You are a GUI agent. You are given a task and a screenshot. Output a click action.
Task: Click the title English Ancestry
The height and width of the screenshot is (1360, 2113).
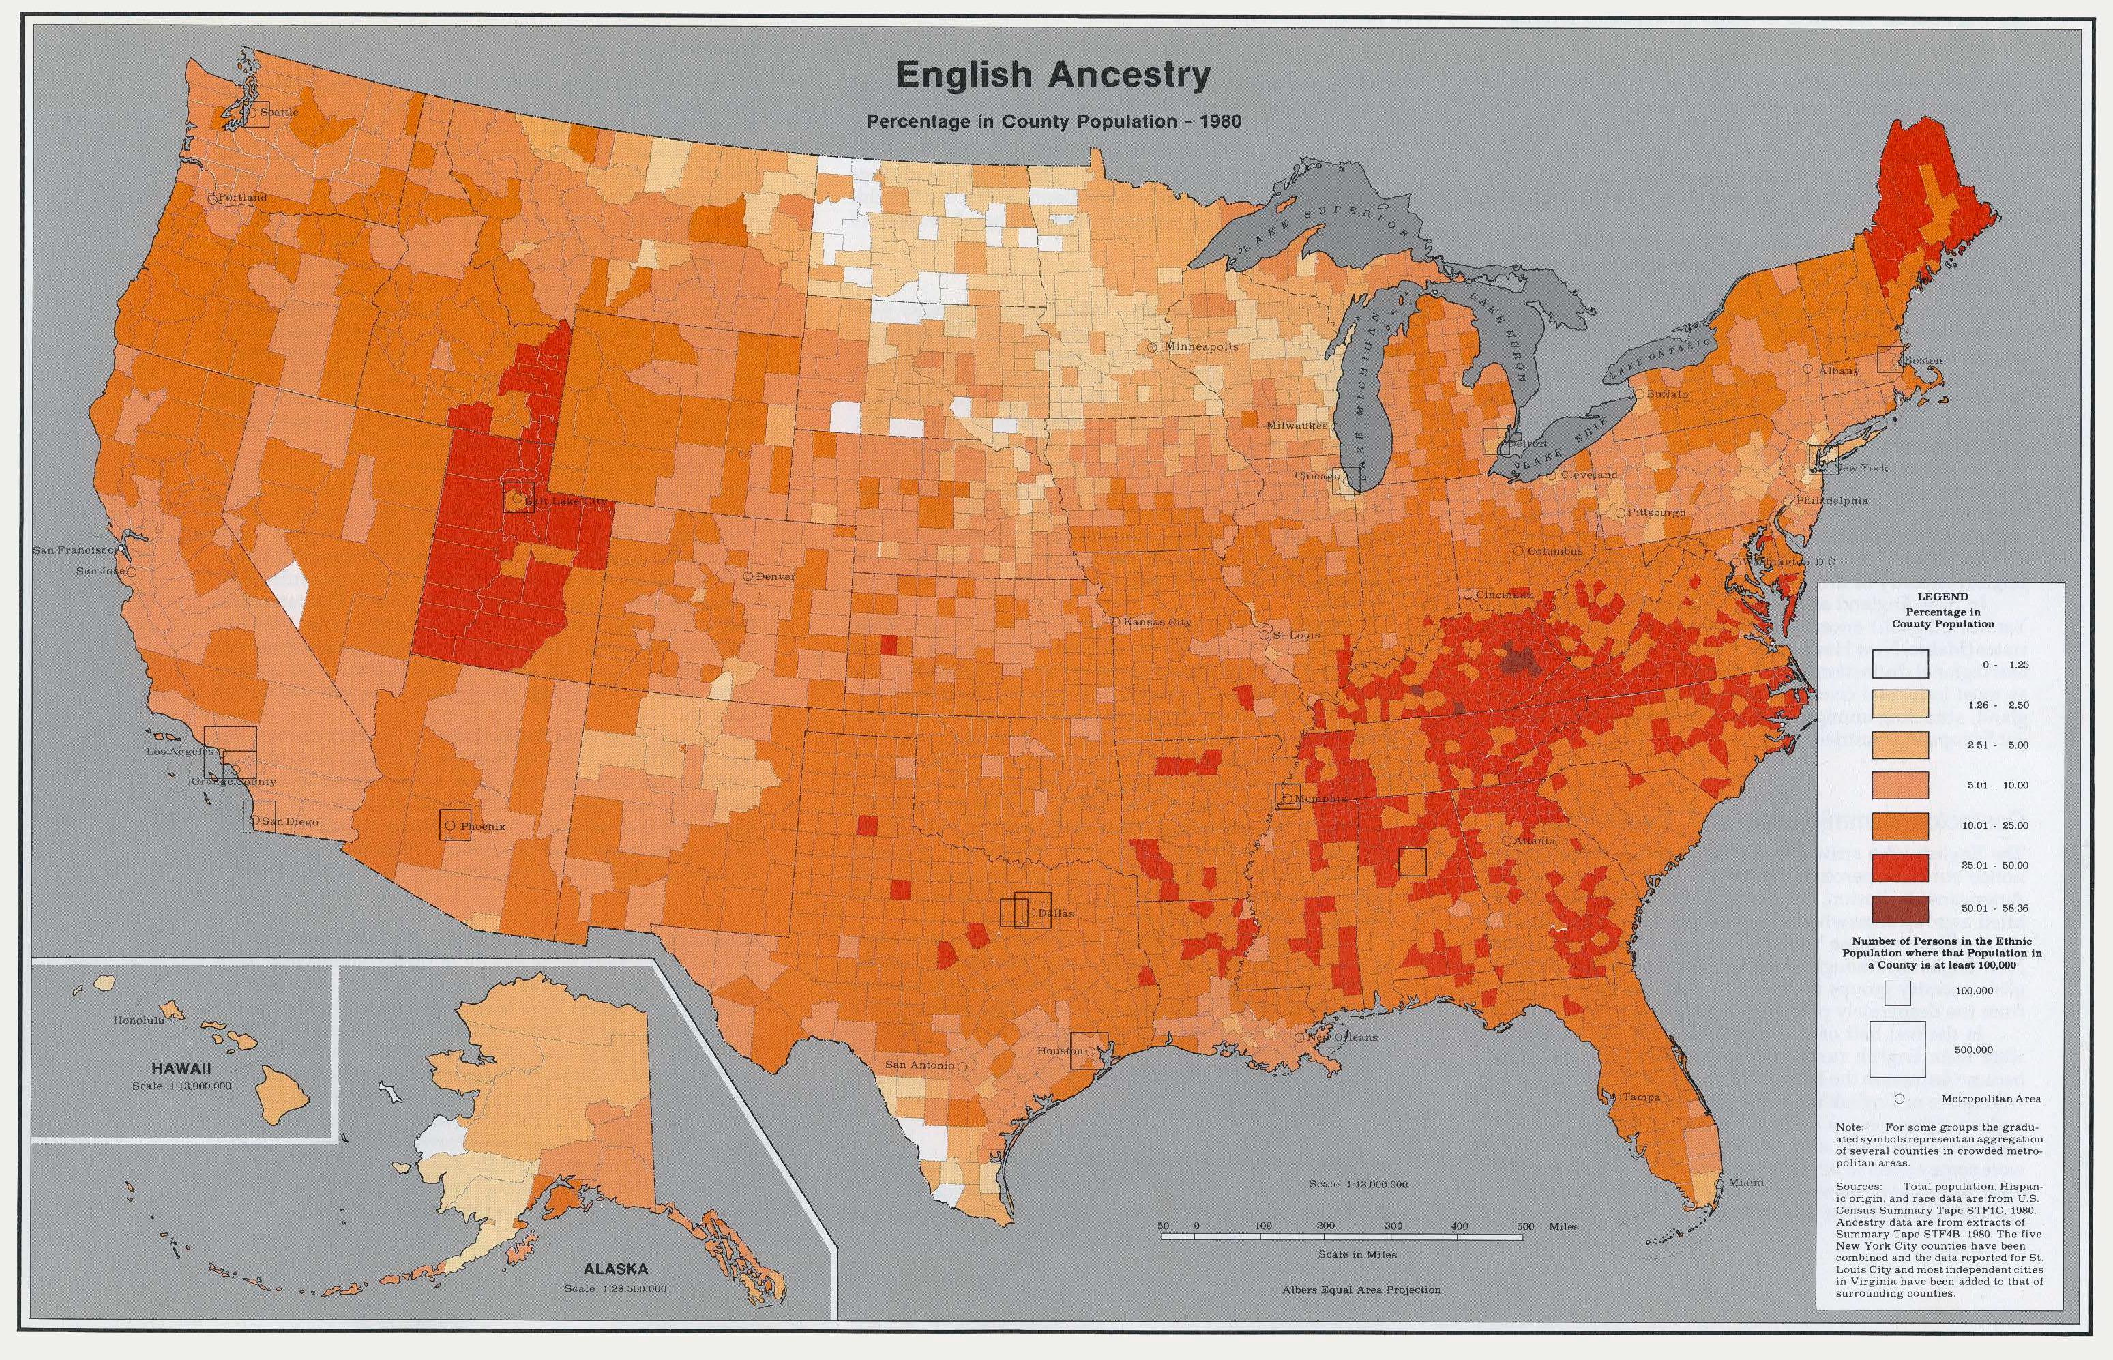[1052, 76]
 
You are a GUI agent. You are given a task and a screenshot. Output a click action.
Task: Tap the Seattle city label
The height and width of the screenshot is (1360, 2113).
[279, 112]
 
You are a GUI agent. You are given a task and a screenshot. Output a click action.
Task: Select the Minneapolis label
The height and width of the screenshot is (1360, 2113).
[1201, 346]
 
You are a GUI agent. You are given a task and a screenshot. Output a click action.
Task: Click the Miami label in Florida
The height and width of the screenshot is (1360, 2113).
[1745, 1183]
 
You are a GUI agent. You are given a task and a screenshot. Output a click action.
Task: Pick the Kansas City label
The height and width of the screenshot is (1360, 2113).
[1157, 622]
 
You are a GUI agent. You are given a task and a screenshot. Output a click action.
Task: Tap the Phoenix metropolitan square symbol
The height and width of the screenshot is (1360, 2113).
[455, 824]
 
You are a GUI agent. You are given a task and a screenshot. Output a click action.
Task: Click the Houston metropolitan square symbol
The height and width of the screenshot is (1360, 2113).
[1089, 1050]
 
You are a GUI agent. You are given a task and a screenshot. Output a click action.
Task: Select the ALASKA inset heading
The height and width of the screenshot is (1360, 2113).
[615, 1270]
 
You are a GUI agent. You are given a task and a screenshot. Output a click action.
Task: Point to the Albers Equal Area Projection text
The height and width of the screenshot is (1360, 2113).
[1361, 1290]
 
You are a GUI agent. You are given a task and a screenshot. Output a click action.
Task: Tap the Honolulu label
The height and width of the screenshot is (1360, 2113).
[138, 1021]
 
